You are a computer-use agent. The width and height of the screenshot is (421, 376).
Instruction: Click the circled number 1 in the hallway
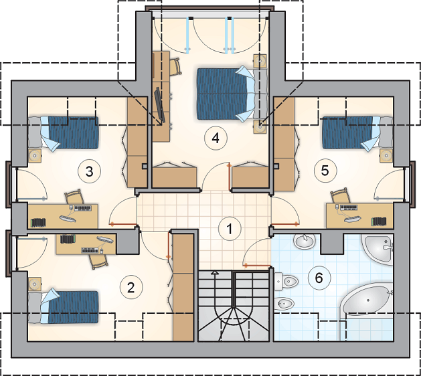230,229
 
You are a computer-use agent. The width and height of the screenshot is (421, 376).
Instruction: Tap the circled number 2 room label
131,288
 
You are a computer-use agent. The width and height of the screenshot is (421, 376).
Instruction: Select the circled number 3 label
89,171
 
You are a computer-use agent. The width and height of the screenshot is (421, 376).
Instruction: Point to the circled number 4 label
216,138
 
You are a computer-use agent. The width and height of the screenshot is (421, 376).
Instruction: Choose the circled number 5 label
325,171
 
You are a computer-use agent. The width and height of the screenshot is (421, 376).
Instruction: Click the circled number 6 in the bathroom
319,278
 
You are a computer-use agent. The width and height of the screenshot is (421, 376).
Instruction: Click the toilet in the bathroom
286,282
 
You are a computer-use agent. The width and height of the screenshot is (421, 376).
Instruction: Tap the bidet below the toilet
285,304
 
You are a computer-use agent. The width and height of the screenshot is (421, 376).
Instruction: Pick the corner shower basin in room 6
378,249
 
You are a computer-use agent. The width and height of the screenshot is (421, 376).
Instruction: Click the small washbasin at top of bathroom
305,241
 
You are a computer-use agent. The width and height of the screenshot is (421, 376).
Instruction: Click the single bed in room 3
64,132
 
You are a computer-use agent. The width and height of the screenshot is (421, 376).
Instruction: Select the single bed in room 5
357,132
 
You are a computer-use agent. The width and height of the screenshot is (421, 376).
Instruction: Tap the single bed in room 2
64,307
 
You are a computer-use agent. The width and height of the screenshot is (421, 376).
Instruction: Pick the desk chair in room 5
340,196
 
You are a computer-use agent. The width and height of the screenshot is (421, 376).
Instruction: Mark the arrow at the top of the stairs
214,273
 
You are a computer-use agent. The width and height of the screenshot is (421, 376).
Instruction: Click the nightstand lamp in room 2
35,284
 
